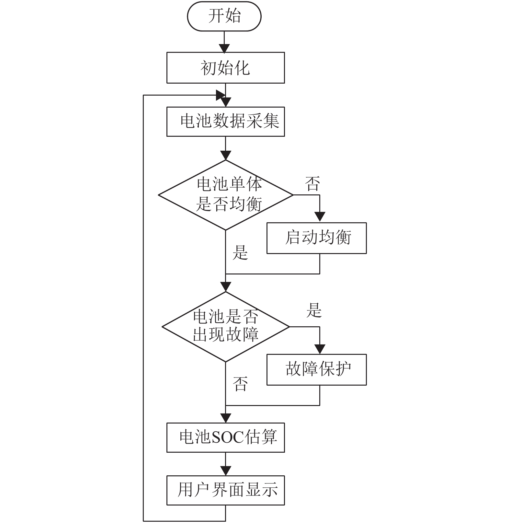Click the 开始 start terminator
(224, 16)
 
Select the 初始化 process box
(225, 68)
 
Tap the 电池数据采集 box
(225, 122)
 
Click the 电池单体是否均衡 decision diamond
(226, 195)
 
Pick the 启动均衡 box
(316, 238)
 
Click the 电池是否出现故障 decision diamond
(226, 327)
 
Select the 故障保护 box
(316, 369)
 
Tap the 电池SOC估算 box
(225, 437)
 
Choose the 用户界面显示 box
(225, 490)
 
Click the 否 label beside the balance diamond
(312, 183)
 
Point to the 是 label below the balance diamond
(240, 252)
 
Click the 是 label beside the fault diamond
(314, 310)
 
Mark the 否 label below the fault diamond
(240, 384)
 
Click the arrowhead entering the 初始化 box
(224, 48)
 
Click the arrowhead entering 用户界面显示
(226, 471)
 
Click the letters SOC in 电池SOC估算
(228, 437)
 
